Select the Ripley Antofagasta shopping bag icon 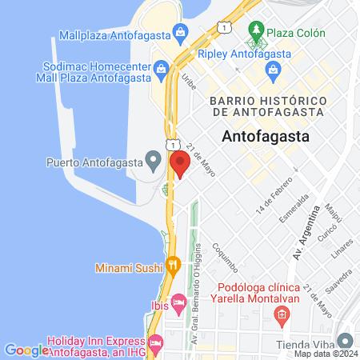(x=275, y=70)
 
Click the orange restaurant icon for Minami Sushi (x=173, y=263)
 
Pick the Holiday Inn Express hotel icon (x=155, y=342)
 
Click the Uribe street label (x=189, y=81)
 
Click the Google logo (x=26, y=350)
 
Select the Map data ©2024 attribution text (x=324, y=354)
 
